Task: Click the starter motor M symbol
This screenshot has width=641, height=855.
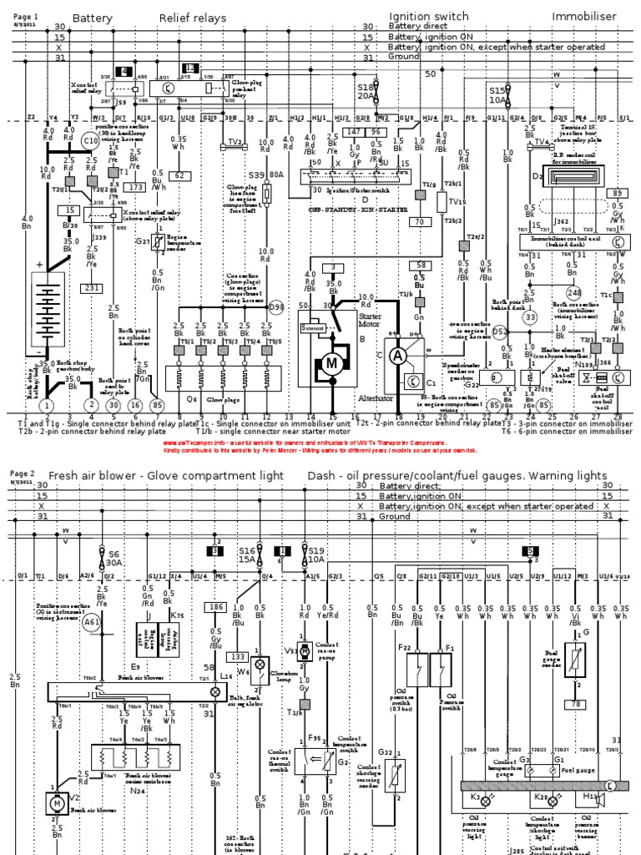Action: (x=332, y=365)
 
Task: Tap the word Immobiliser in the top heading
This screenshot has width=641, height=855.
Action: (x=582, y=17)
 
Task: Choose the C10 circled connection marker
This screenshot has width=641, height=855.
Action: (x=91, y=140)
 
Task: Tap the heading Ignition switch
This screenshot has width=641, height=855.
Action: (x=429, y=17)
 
